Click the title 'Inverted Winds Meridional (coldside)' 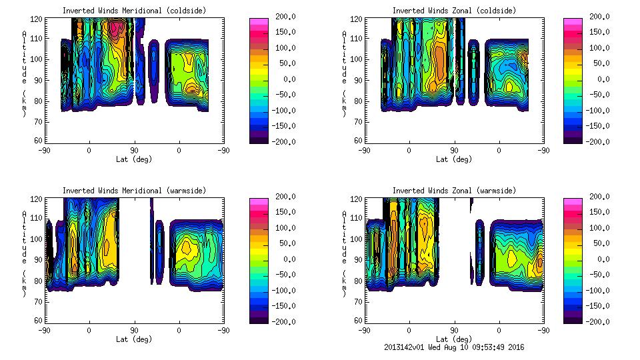134,11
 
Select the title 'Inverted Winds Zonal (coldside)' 454,11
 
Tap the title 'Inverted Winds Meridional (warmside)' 134,191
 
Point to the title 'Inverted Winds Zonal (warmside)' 454,191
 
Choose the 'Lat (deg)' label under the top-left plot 134,159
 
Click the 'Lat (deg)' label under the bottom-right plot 454,339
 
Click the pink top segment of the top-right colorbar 572,22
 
